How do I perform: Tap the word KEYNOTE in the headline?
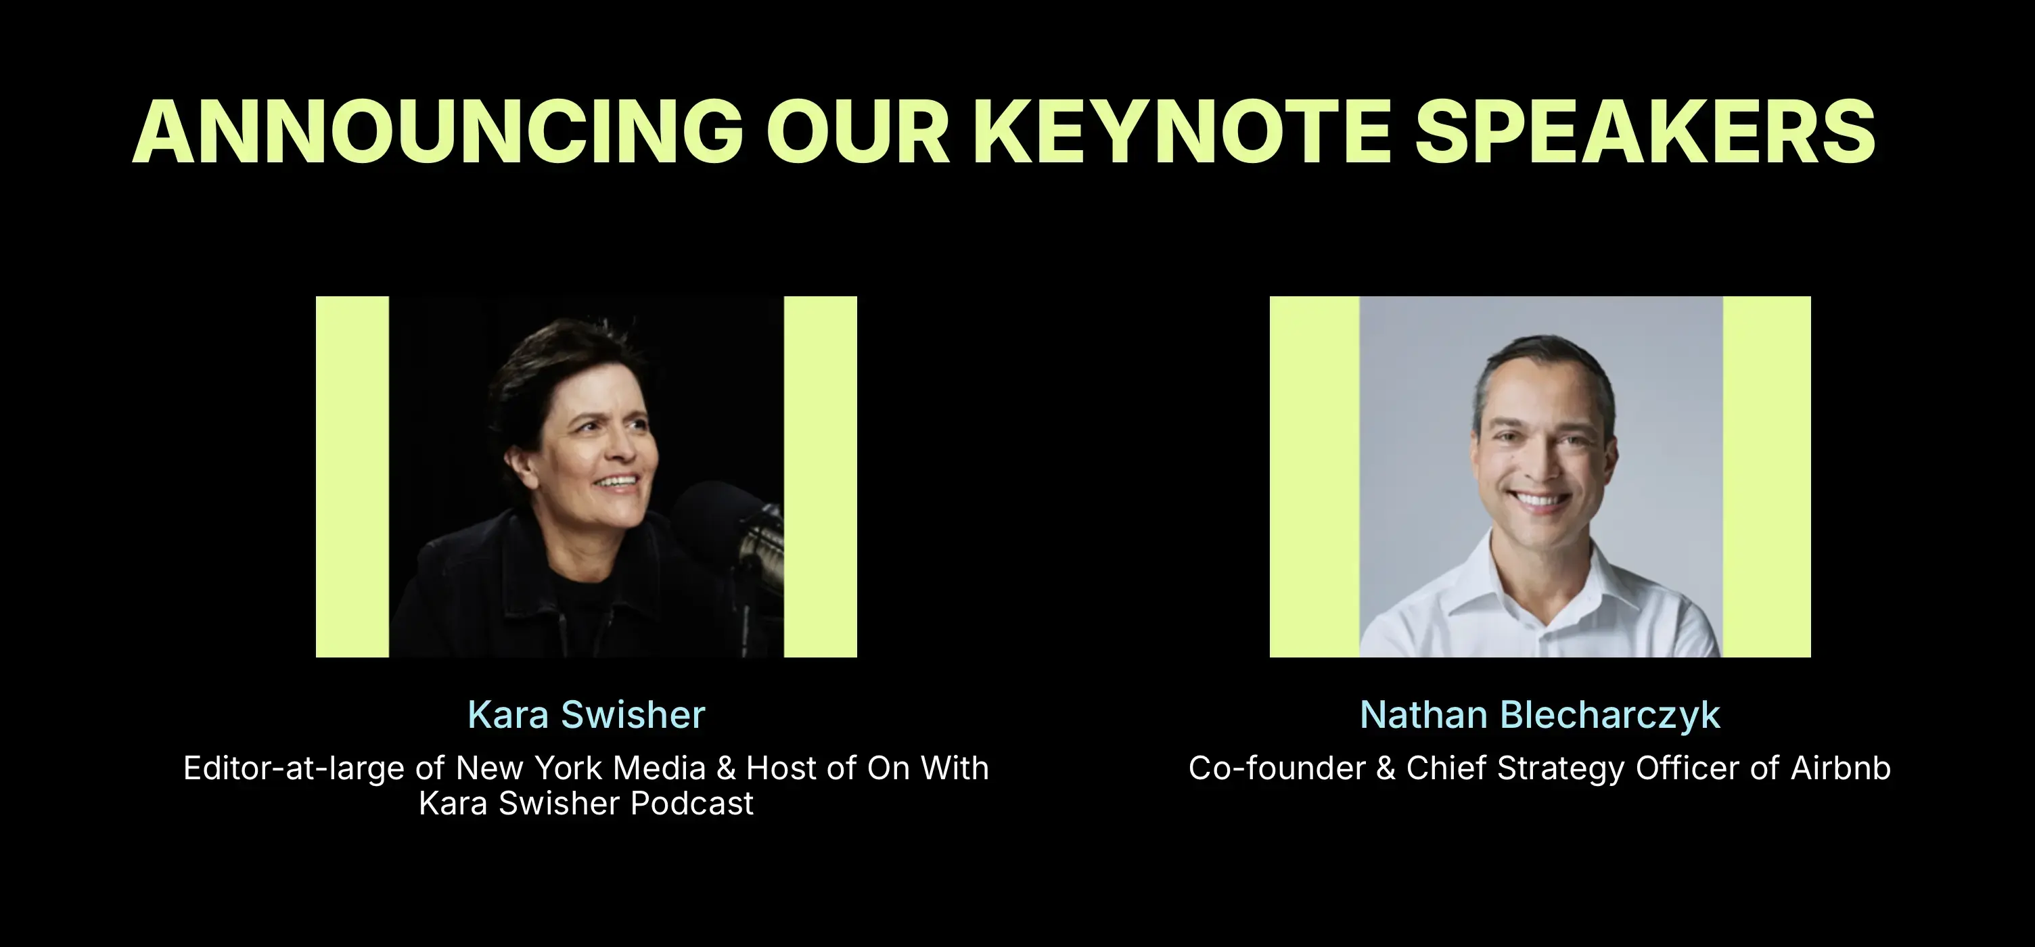click(x=1181, y=132)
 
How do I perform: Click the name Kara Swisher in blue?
click(x=586, y=715)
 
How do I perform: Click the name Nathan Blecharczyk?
click(x=1540, y=715)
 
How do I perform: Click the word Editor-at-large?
click(x=294, y=768)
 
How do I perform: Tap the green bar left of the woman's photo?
click(x=352, y=476)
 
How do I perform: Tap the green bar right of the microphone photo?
click(x=820, y=476)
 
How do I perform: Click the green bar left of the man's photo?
click(x=1314, y=476)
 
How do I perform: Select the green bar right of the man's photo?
click(x=1766, y=476)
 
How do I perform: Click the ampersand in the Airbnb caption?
click(x=1386, y=768)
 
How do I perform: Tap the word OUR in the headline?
click(x=858, y=132)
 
